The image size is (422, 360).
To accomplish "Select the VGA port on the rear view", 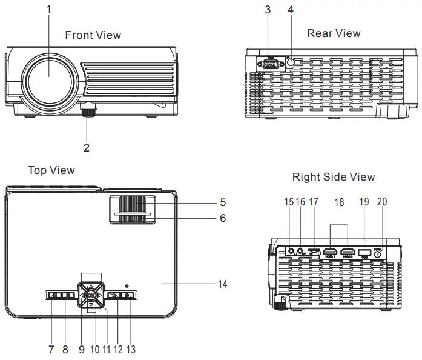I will pos(271,64).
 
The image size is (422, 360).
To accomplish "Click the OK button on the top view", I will pos(90,296).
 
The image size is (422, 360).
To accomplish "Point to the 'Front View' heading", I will pos(93,35).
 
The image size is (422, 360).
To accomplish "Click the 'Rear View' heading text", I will pos(334,33).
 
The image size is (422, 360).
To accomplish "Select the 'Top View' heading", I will pos(51,170).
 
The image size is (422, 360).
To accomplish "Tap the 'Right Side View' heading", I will pos(334,177).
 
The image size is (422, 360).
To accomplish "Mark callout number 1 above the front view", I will pos(49,9).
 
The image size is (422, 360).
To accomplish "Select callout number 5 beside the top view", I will pos(222,202).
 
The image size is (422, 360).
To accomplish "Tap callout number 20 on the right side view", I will pos(381,201).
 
